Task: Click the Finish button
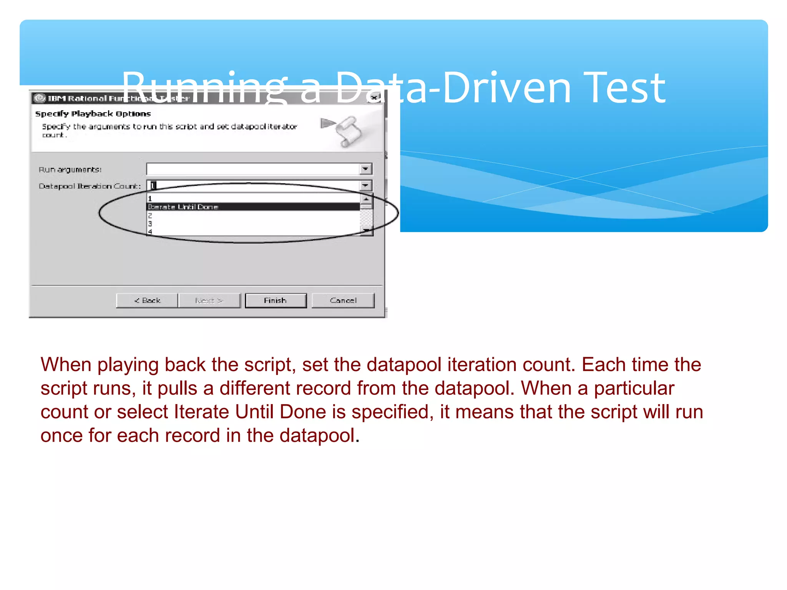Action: pos(276,300)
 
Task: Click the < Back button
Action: pos(147,300)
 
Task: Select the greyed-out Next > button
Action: pos(209,300)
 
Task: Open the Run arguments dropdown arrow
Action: pos(365,169)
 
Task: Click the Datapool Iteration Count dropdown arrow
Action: pos(365,186)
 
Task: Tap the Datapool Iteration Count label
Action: pos(90,186)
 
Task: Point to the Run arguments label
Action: pos(70,170)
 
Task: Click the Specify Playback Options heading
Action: pos(93,114)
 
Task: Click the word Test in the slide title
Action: pos(626,88)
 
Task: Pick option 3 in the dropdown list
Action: pos(150,224)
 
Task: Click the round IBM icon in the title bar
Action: pos(40,98)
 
